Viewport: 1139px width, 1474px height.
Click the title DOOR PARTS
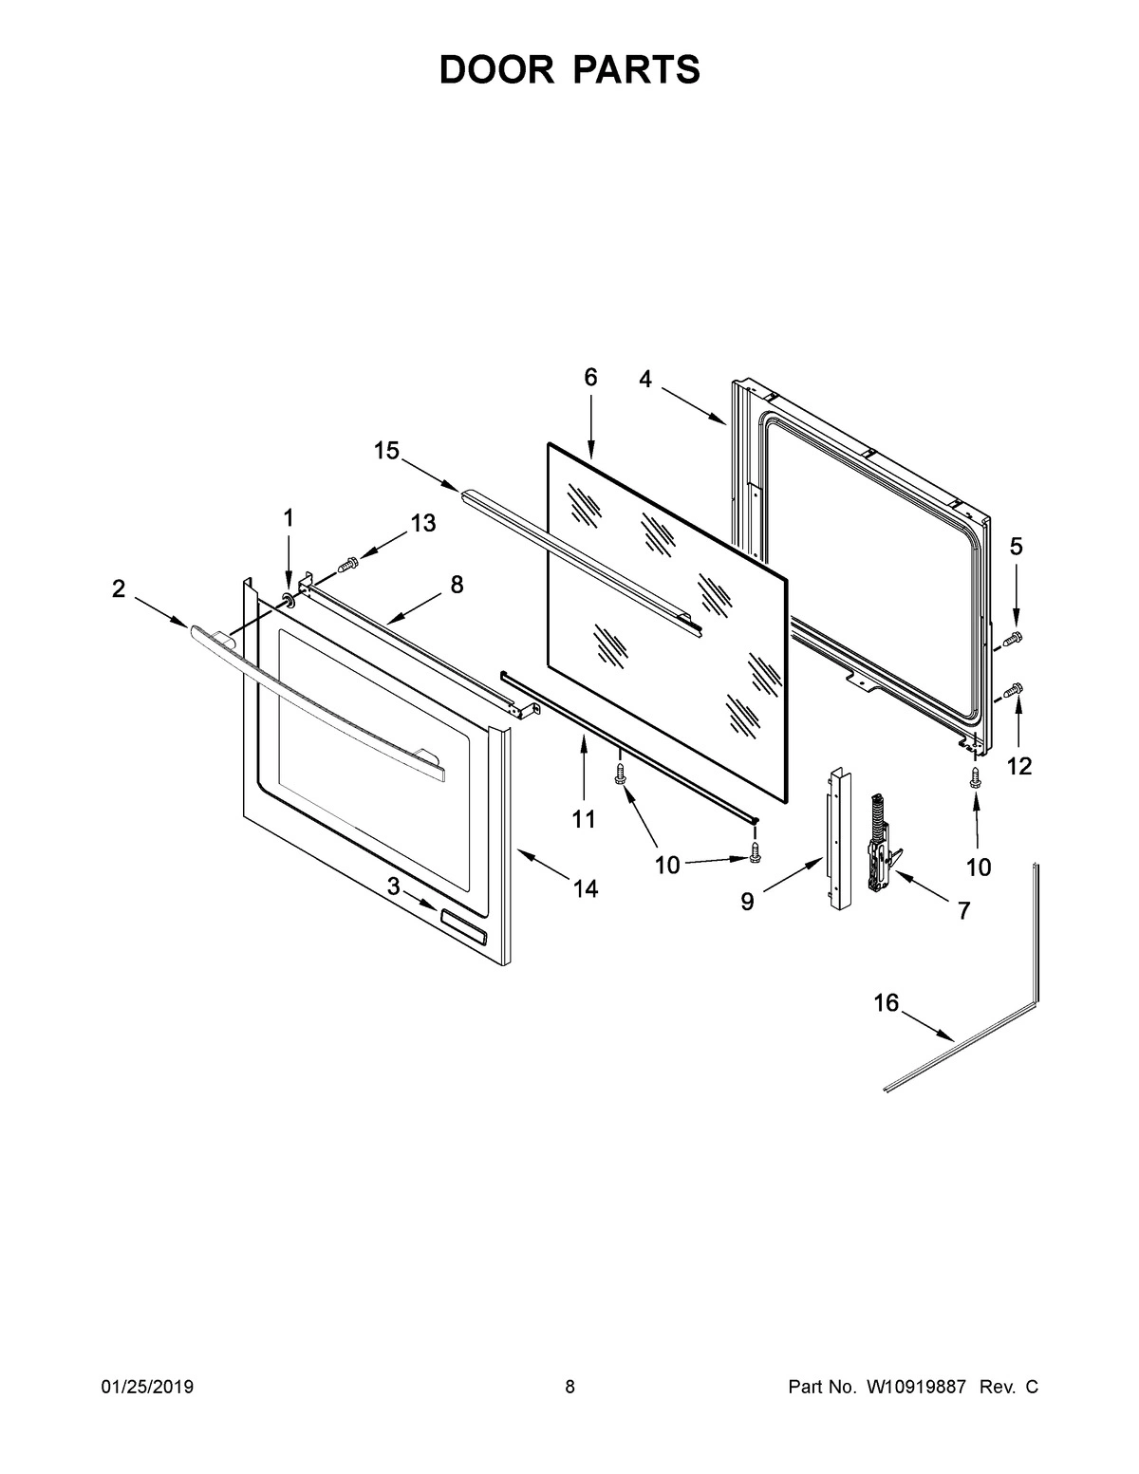(x=569, y=70)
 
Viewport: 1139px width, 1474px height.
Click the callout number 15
(x=386, y=451)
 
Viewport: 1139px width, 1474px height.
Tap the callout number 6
(x=590, y=378)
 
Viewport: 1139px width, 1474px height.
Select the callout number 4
(x=645, y=380)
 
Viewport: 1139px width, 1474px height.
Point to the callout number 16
(x=886, y=1003)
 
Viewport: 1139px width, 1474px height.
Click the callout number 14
(x=586, y=888)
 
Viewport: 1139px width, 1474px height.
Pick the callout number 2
(x=118, y=588)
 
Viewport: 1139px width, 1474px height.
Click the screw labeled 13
(x=348, y=565)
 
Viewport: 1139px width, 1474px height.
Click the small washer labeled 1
(x=288, y=600)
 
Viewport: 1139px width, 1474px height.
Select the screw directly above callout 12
(x=1013, y=689)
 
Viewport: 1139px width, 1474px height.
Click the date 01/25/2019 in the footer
(x=147, y=1388)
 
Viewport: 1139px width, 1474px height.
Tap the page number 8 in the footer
(x=569, y=1388)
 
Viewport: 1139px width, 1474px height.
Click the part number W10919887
(x=915, y=1388)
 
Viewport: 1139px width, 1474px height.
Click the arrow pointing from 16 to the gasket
(x=927, y=1027)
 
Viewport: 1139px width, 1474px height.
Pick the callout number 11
(x=584, y=818)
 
